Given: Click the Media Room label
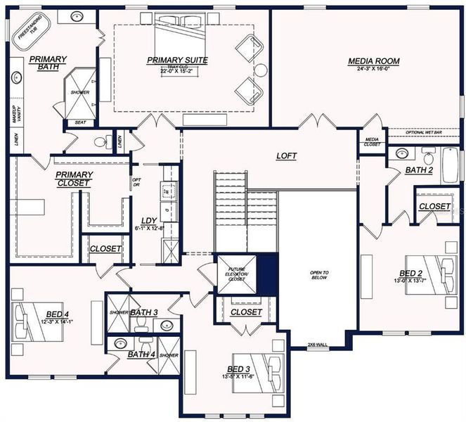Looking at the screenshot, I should point(373,61).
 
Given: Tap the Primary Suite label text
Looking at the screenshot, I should point(177,60).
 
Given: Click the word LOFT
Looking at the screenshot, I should point(286,156).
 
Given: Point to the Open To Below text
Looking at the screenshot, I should point(320,274).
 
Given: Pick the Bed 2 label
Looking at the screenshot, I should point(411,273).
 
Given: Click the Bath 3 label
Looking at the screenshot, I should point(143,312).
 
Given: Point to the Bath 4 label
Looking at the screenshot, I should point(141,354).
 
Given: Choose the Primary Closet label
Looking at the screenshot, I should point(75,179).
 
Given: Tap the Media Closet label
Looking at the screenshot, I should point(372,141).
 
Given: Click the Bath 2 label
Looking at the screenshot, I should point(419,170).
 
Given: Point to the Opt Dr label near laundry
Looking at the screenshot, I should point(136,182).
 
